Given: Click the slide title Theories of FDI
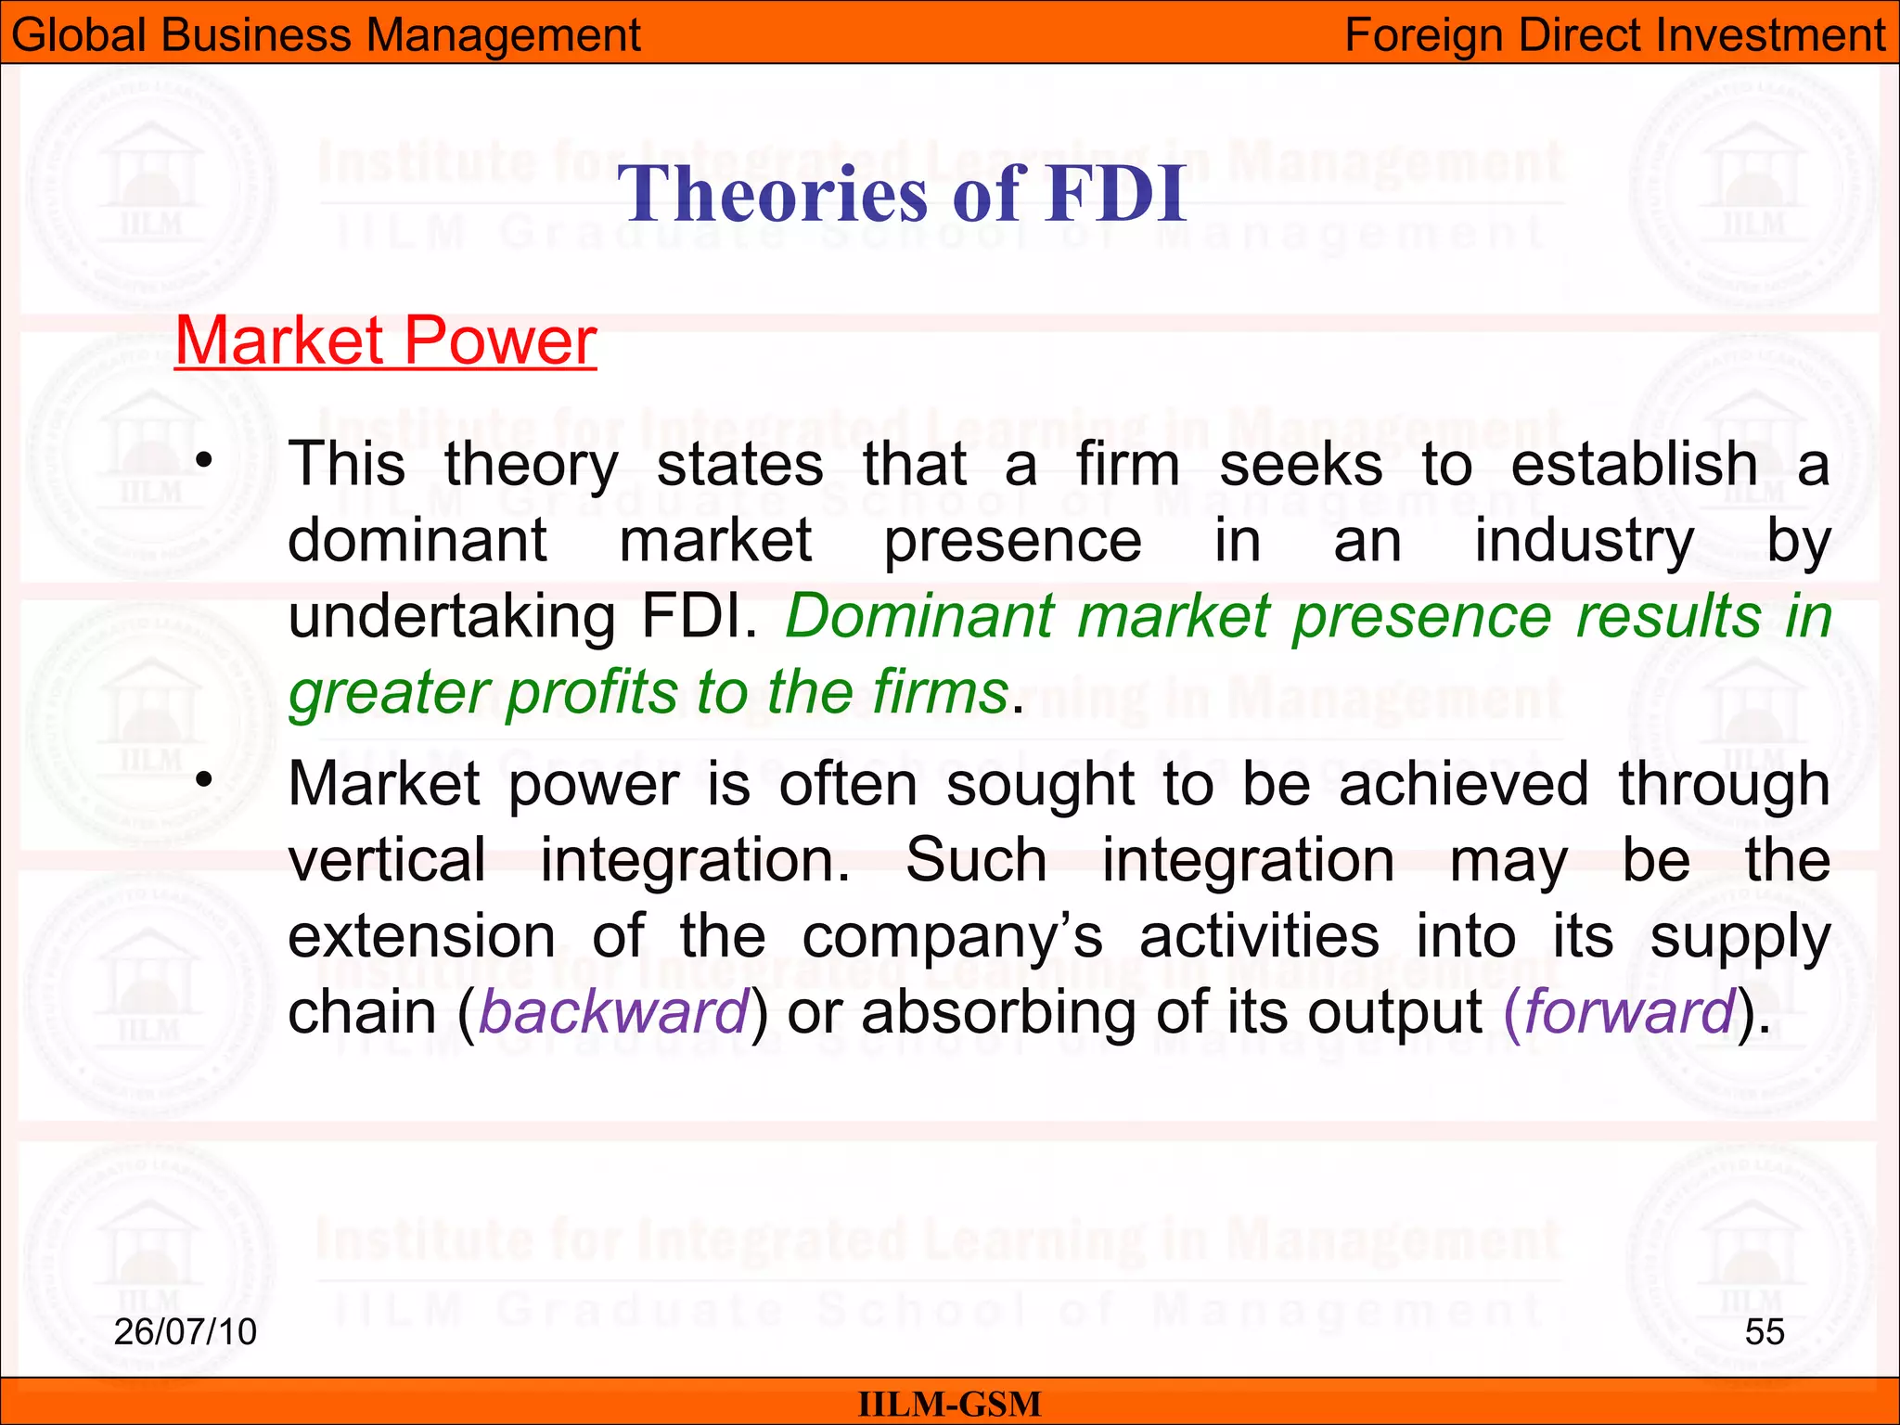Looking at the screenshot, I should point(902,193).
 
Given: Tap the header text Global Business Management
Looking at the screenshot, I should point(326,35).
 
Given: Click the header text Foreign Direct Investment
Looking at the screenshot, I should point(1614,35).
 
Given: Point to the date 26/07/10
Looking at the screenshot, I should point(185,1331).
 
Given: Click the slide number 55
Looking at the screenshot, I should point(1764,1331).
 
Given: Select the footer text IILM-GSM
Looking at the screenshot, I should point(949,1404).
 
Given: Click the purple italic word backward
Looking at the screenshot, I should point(613,1012).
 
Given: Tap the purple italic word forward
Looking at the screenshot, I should point(1628,1012).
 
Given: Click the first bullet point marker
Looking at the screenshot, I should point(205,460).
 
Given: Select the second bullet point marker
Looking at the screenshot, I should point(205,779).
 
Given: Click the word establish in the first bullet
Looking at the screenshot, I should point(1634,463).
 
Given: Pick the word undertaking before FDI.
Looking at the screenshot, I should point(452,617).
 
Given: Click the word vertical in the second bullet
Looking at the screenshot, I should point(387,860).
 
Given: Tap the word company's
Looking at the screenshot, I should point(952,937).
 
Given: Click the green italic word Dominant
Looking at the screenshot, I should point(919,615).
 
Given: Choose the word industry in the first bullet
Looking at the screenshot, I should point(1584,540).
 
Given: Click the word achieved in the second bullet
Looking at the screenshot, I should point(1464,784).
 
